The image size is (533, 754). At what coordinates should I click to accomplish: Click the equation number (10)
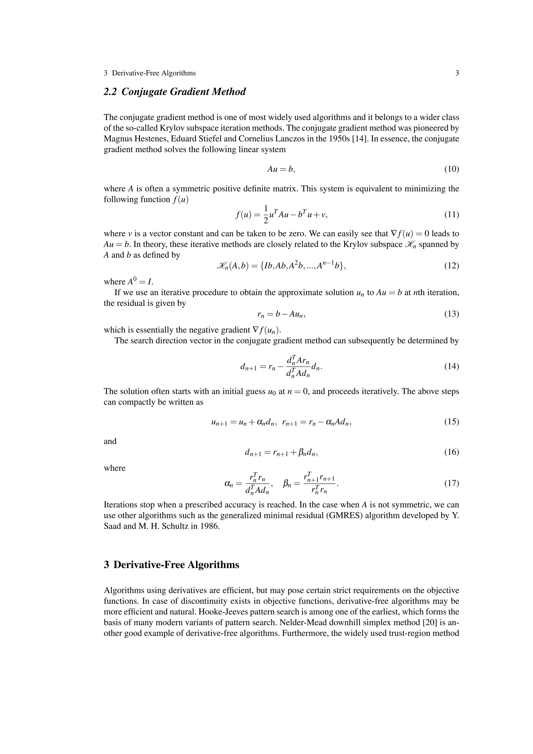452,169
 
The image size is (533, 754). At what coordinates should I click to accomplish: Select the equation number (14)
452,366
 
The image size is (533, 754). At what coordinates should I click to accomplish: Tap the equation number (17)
452,483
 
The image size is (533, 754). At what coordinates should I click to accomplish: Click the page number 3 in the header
457,73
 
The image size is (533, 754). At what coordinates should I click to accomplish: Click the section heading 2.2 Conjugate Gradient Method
175,92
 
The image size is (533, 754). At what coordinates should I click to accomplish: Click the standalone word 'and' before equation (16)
110,441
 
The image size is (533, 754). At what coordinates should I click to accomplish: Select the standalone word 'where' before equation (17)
114,468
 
